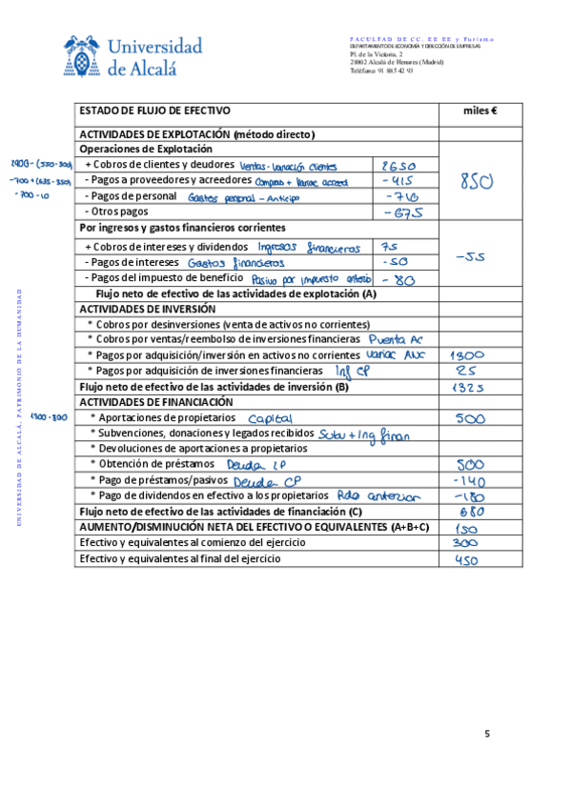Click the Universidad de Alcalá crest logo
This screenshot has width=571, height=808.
point(83,55)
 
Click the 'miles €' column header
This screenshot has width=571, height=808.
point(479,111)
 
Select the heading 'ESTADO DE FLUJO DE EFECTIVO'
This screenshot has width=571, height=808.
point(154,111)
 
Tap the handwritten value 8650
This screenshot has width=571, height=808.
point(398,165)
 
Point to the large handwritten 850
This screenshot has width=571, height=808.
point(477,181)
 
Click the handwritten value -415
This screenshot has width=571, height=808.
point(397,180)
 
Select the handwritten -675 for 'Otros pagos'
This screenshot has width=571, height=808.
point(400,212)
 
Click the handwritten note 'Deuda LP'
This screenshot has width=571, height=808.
point(258,465)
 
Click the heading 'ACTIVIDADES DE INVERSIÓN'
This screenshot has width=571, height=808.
point(142,310)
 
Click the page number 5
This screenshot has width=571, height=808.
point(487,733)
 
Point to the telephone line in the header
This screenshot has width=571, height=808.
point(381,71)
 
